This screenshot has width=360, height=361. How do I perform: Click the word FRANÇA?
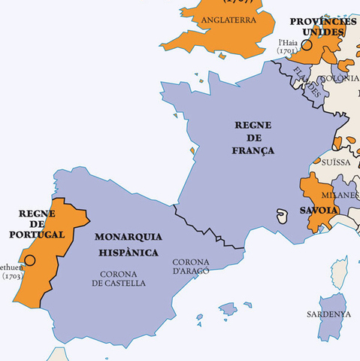pos(253,150)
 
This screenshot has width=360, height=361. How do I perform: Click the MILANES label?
pos(343,195)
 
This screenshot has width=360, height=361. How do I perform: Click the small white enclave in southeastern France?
pos(283,216)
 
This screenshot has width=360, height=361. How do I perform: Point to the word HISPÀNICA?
pos(126,253)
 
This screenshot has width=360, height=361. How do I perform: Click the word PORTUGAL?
pos(37,235)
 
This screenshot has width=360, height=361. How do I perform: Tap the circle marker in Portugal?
pos(30,260)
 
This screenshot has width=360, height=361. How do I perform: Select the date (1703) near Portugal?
pos(12,276)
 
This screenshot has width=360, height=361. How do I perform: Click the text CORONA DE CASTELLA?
pos(118,278)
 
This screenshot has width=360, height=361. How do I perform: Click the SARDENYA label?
pos(328,314)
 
